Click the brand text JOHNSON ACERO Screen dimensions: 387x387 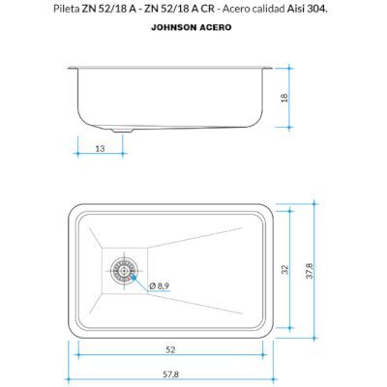coord(192,27)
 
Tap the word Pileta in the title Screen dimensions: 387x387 coord(66,9)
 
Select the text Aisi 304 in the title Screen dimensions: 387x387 coord(306,9)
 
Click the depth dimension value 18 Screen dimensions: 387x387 coord(284,98)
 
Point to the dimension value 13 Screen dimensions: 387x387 coord(101,149)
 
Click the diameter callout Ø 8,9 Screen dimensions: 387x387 coord(160,285)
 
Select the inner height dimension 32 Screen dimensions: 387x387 coord(284,269)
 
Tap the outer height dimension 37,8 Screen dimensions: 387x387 coord(309,271)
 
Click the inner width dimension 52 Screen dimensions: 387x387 coord(170,349)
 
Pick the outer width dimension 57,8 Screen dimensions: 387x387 coord(170,374)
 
